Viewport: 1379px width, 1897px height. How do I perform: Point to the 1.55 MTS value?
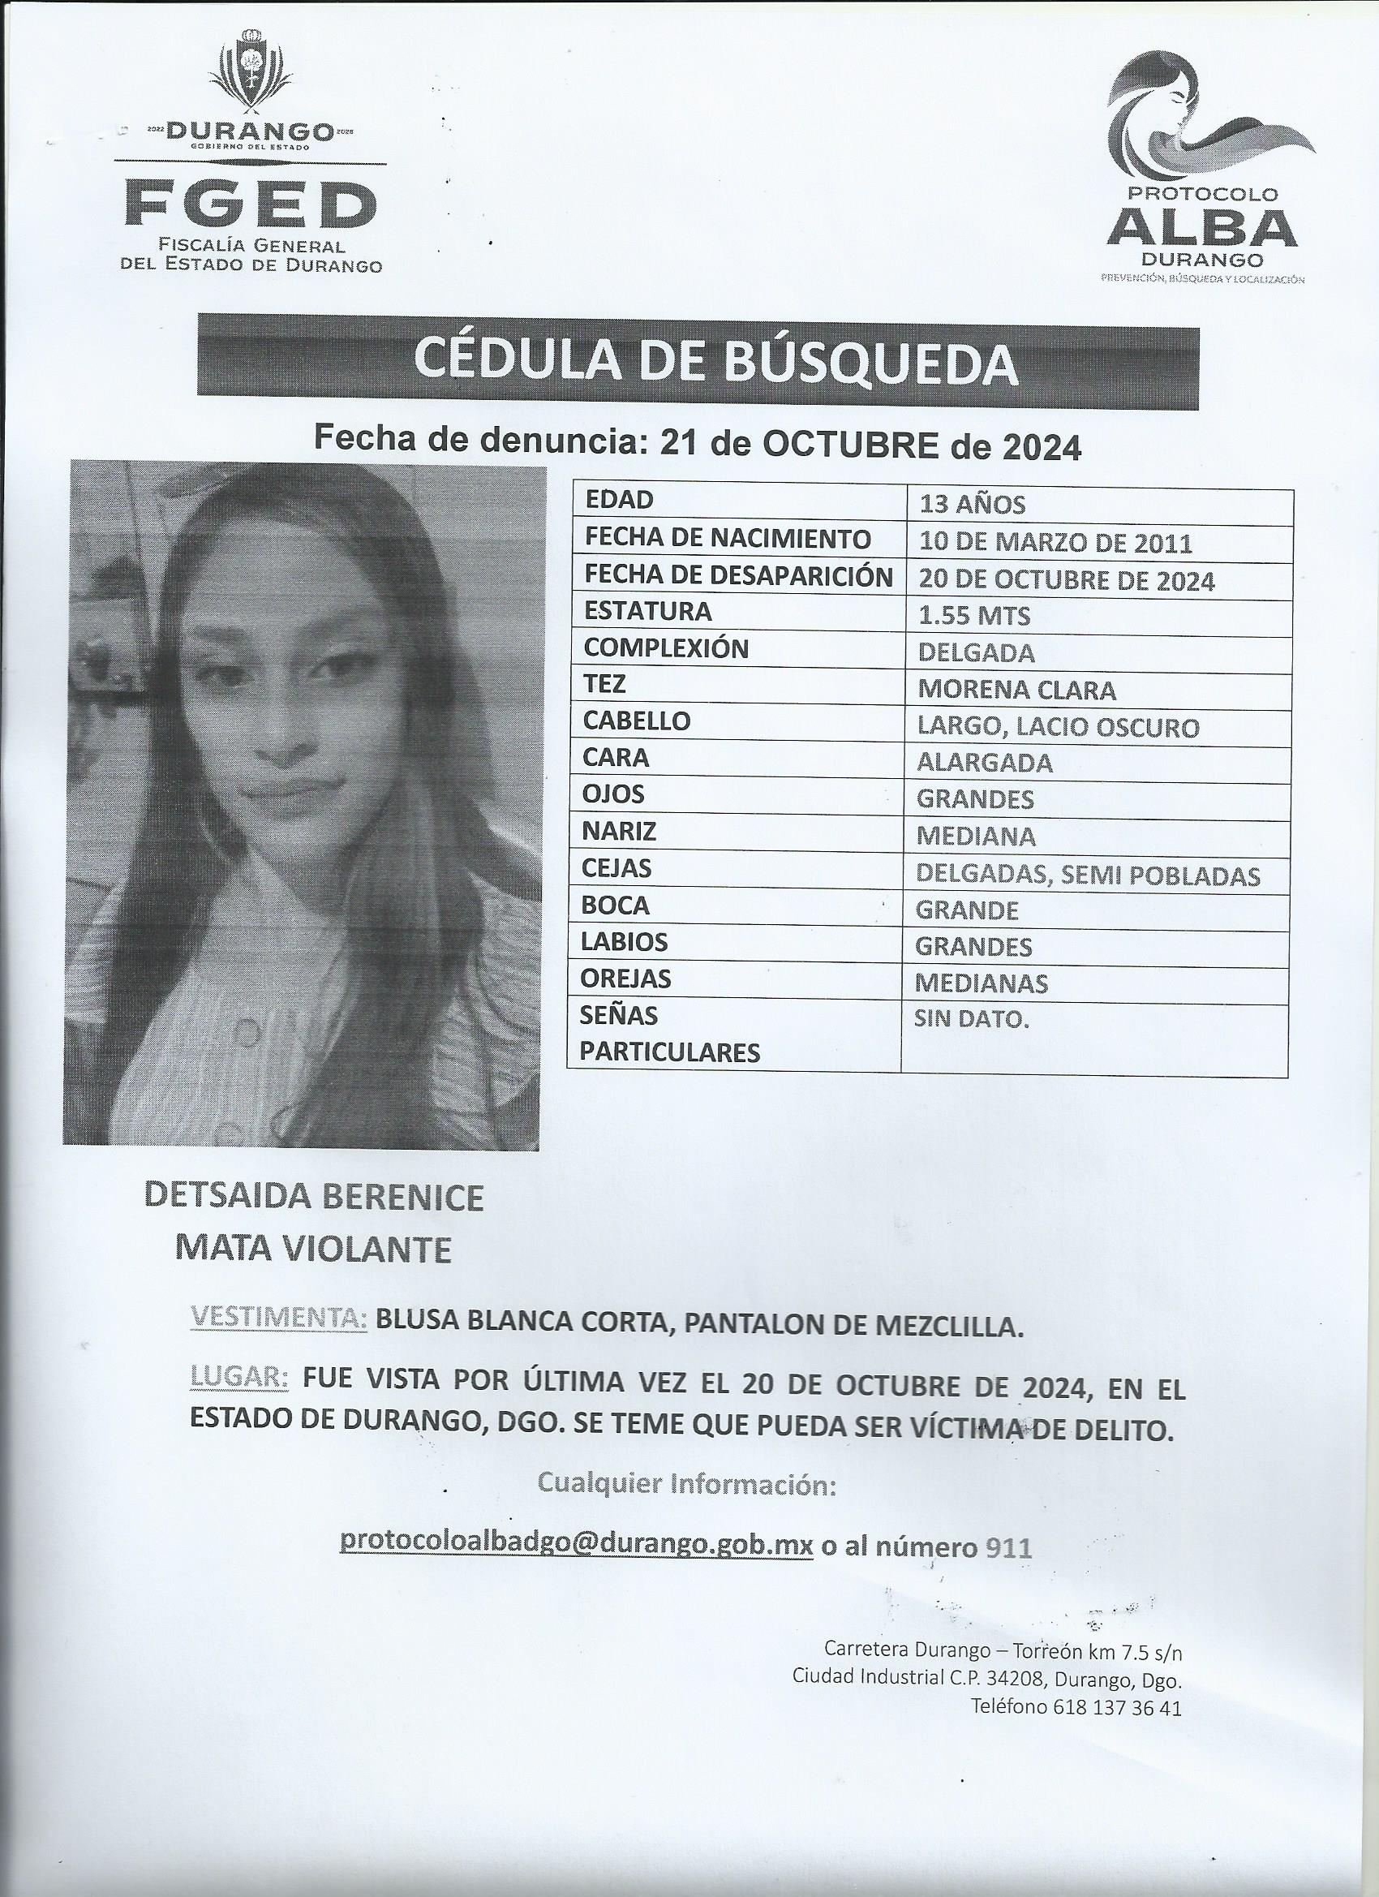(x=974, y=617)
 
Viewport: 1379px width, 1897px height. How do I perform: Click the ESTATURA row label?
(x=648, y=612)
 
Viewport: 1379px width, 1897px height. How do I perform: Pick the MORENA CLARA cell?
(x=1016, y=690)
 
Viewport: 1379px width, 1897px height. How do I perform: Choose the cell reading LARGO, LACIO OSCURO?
(x=1058, y=727)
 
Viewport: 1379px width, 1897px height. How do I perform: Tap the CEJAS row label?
(x=616, y=869)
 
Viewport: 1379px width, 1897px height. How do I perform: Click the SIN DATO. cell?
(x=971, y=1019)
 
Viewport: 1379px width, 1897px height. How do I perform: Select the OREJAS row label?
(x=627, y=979)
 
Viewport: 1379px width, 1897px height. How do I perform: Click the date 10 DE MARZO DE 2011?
(x=1055, y=543)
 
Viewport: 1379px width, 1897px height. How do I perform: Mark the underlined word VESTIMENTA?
(x=278, y=1318)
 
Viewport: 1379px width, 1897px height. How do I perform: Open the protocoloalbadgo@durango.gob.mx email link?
(x=576, y=1543)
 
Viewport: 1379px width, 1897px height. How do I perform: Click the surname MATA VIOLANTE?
(x=313, y=1250)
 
